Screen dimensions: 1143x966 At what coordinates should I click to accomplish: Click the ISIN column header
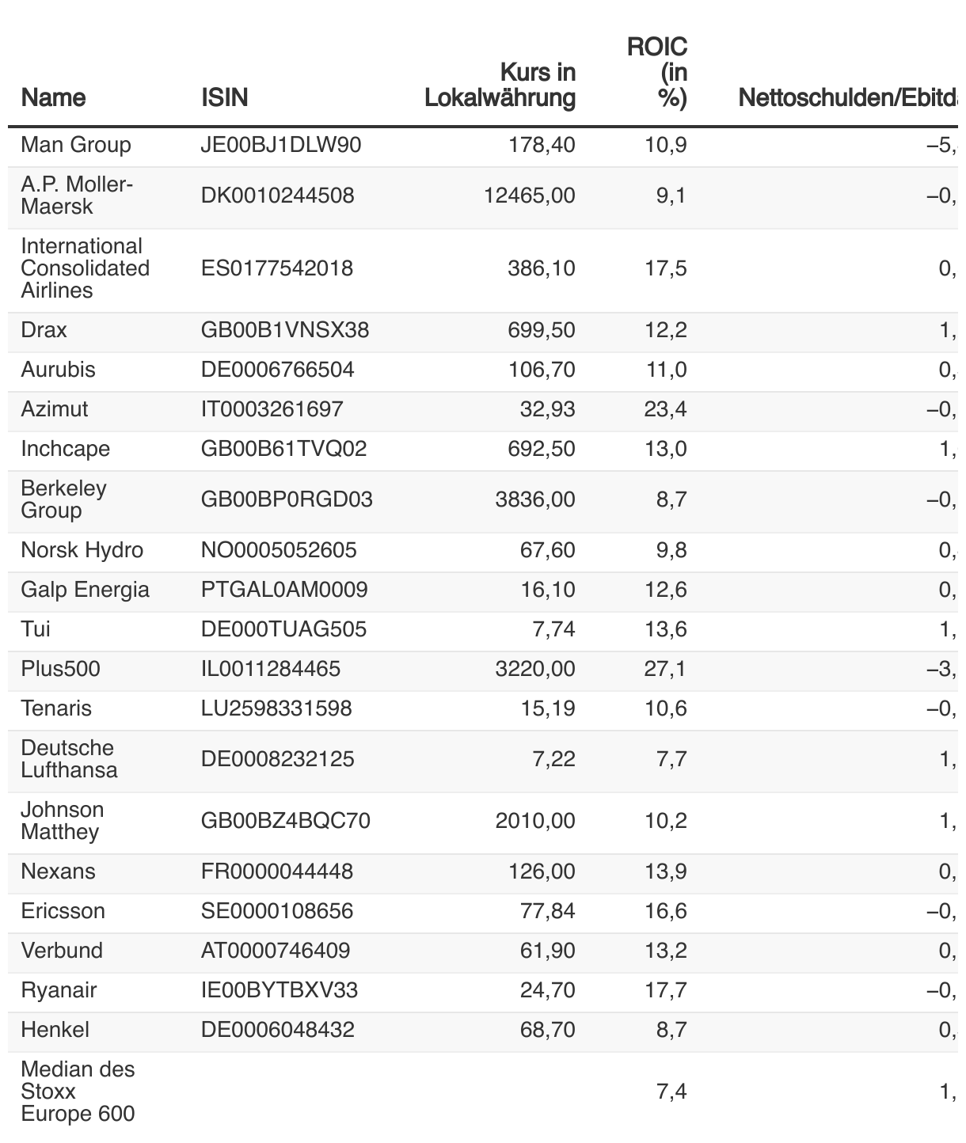click(225, 97)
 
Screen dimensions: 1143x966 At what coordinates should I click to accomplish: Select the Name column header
click(53, 97)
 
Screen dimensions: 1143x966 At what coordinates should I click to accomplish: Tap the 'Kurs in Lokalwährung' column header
click(500, 85)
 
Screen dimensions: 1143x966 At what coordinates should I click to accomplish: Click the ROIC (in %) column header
click(657, 73)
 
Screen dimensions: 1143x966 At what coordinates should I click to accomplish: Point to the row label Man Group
click(76, 146)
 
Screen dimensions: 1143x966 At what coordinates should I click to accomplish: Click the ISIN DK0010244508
click(278, 196)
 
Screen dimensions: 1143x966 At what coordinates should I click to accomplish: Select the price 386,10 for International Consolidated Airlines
click(542, 268)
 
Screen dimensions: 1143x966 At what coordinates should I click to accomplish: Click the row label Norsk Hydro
click(74, 550)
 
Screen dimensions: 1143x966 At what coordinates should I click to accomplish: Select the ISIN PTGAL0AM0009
click(284, 590)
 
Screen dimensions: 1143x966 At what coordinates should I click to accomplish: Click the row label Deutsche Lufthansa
click(69, 759)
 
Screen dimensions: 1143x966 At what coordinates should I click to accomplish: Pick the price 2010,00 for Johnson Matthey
click(535, 821)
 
